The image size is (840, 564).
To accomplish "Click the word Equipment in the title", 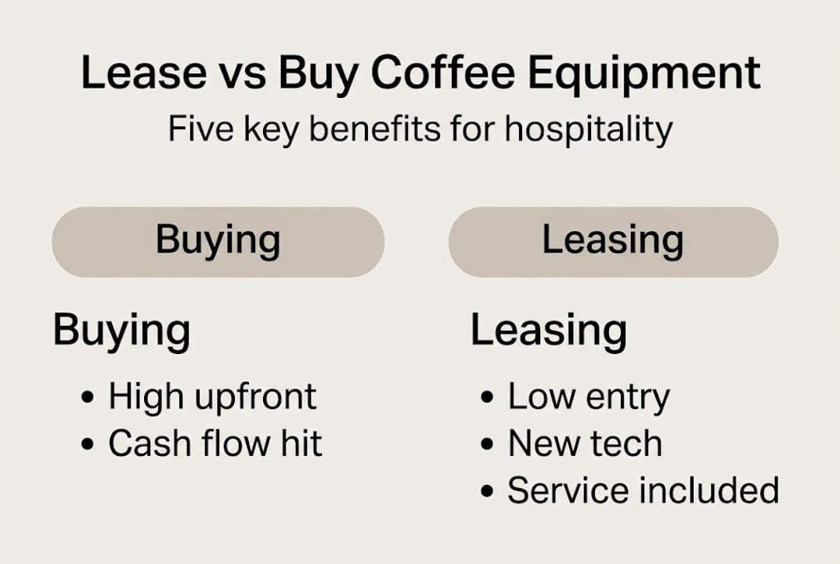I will [x=644, y=74].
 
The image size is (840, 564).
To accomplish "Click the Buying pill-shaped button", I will [x=218, y=241].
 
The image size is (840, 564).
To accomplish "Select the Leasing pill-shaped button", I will [x=613, y=241].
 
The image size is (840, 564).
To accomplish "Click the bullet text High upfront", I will [x=212, y=397].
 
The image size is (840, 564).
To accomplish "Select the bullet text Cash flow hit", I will [x=215, y=444].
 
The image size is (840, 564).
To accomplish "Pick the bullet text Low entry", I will [x=589, y=397].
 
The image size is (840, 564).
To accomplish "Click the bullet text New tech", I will [x=585, y=444].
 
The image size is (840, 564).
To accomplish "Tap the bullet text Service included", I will [x=643, y=491].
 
